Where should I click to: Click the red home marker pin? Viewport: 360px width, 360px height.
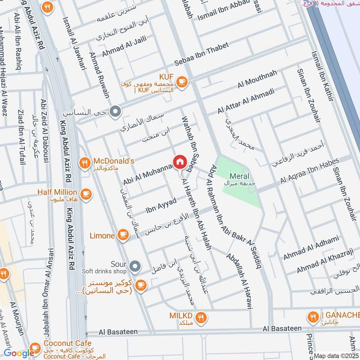point(179,162)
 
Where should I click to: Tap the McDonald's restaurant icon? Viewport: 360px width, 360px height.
point(84,164)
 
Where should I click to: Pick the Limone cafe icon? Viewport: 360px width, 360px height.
point(122,234)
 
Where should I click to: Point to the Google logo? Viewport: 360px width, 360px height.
point(19,353)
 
